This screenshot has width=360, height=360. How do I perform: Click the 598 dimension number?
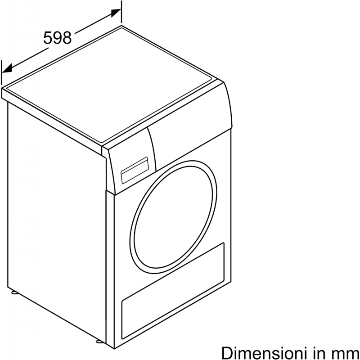(58, 38)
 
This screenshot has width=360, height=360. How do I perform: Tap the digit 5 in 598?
(48, 38)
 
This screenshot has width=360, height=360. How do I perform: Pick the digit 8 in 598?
(67, 38)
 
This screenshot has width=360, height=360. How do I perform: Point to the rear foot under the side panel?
(14, 293)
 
